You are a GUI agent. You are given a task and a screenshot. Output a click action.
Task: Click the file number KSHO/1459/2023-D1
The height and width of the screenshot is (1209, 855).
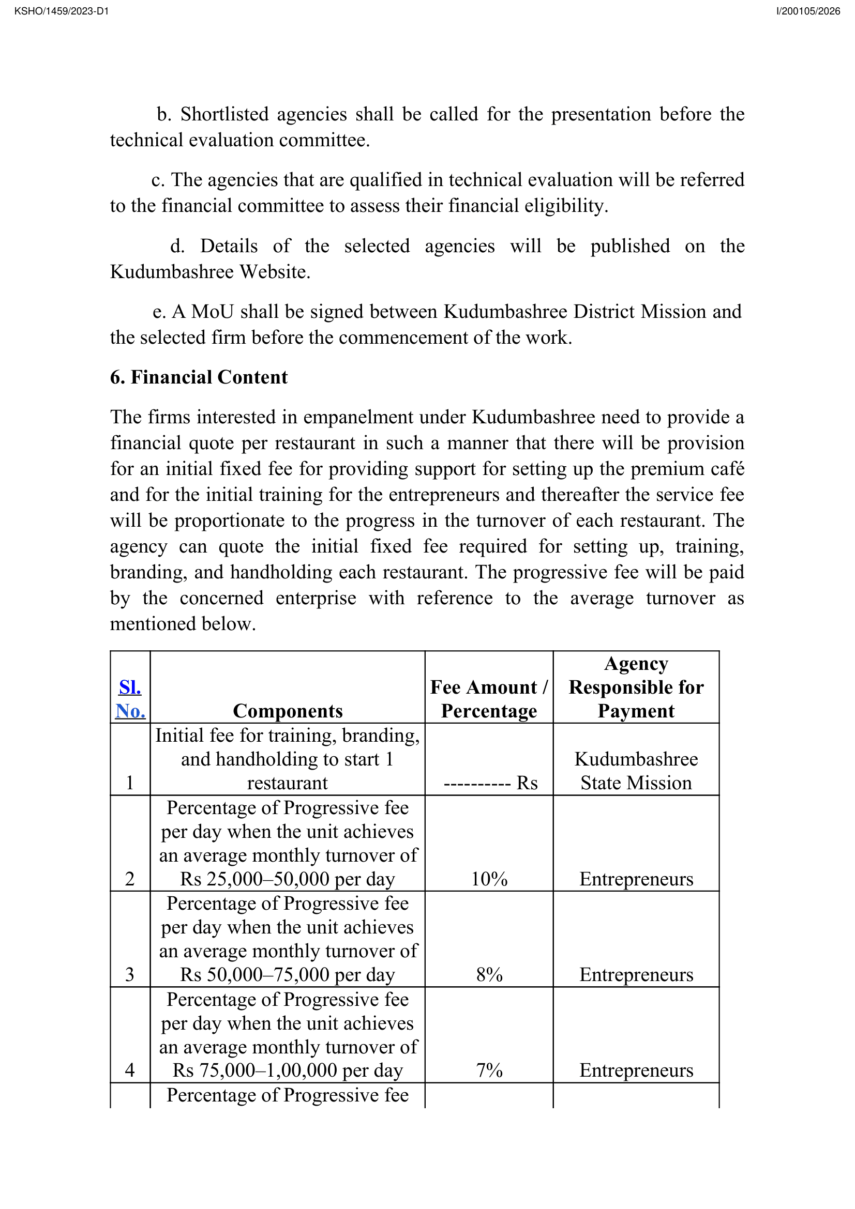[x=62, y=11]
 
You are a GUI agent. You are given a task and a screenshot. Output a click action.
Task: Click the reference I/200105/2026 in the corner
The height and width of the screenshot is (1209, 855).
[x=808, y=11]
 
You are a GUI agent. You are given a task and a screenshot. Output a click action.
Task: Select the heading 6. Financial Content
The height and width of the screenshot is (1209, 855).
[x=199, y=377]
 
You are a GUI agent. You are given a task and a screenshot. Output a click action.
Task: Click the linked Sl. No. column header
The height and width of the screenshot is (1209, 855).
[x=130, y=699]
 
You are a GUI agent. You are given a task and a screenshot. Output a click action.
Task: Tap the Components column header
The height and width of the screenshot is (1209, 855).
[x=288, y=711]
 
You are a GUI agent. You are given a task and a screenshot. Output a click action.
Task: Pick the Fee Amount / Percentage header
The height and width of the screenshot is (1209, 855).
[x=489, y=699]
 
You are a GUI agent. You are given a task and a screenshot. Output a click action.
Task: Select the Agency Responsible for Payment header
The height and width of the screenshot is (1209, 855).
[x=636, y=687]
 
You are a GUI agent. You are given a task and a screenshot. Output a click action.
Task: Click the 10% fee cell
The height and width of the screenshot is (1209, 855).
[x=489, y=879]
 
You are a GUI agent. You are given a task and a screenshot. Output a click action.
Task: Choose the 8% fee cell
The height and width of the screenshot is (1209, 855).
[x=489, y=975]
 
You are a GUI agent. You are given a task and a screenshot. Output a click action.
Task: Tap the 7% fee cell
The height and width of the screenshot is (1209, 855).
[x=489, y=1070]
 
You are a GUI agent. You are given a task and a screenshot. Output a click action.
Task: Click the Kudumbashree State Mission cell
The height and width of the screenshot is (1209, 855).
[x=636, y=771]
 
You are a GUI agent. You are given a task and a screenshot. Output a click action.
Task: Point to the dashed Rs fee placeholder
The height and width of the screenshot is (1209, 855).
[x=490, y=783]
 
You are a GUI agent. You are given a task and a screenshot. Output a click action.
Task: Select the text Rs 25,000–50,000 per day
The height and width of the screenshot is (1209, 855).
[x=288, y=879]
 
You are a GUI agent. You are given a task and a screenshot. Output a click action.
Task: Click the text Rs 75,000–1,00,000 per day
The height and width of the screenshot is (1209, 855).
[x=288, y=1070]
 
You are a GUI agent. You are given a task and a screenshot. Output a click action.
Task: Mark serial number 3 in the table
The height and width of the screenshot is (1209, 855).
[x=130, y=975]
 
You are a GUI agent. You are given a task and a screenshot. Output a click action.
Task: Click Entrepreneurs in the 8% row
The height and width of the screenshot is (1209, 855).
[x=636, y=975]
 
